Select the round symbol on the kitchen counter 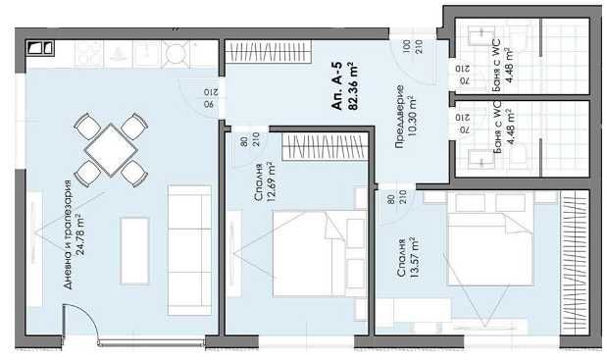[x=177, y=52]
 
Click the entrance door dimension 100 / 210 [x=406, y=46]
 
